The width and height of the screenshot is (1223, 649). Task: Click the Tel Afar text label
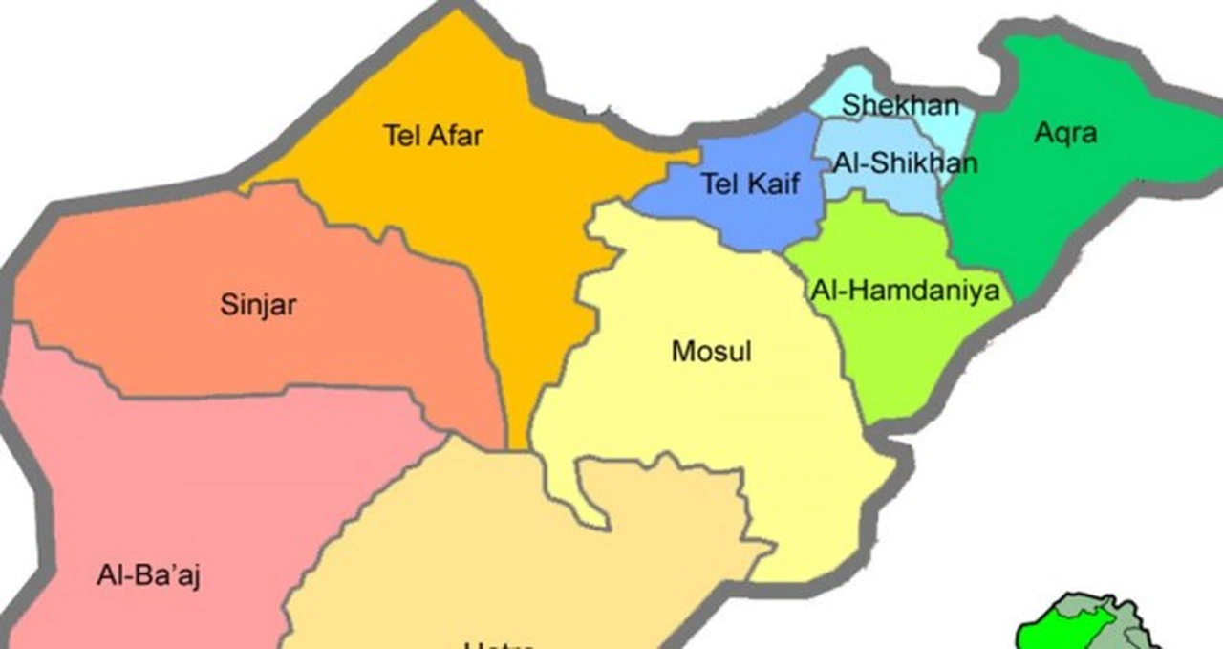433,136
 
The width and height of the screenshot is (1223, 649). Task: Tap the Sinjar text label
258,306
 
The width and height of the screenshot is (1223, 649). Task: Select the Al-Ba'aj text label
148,575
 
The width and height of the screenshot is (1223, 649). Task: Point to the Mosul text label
711,351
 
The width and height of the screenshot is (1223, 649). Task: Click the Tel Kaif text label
749,184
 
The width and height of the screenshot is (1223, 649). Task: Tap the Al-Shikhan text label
905,162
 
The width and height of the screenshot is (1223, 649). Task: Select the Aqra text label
1065,133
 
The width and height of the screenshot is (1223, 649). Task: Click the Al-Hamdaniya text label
904,289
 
